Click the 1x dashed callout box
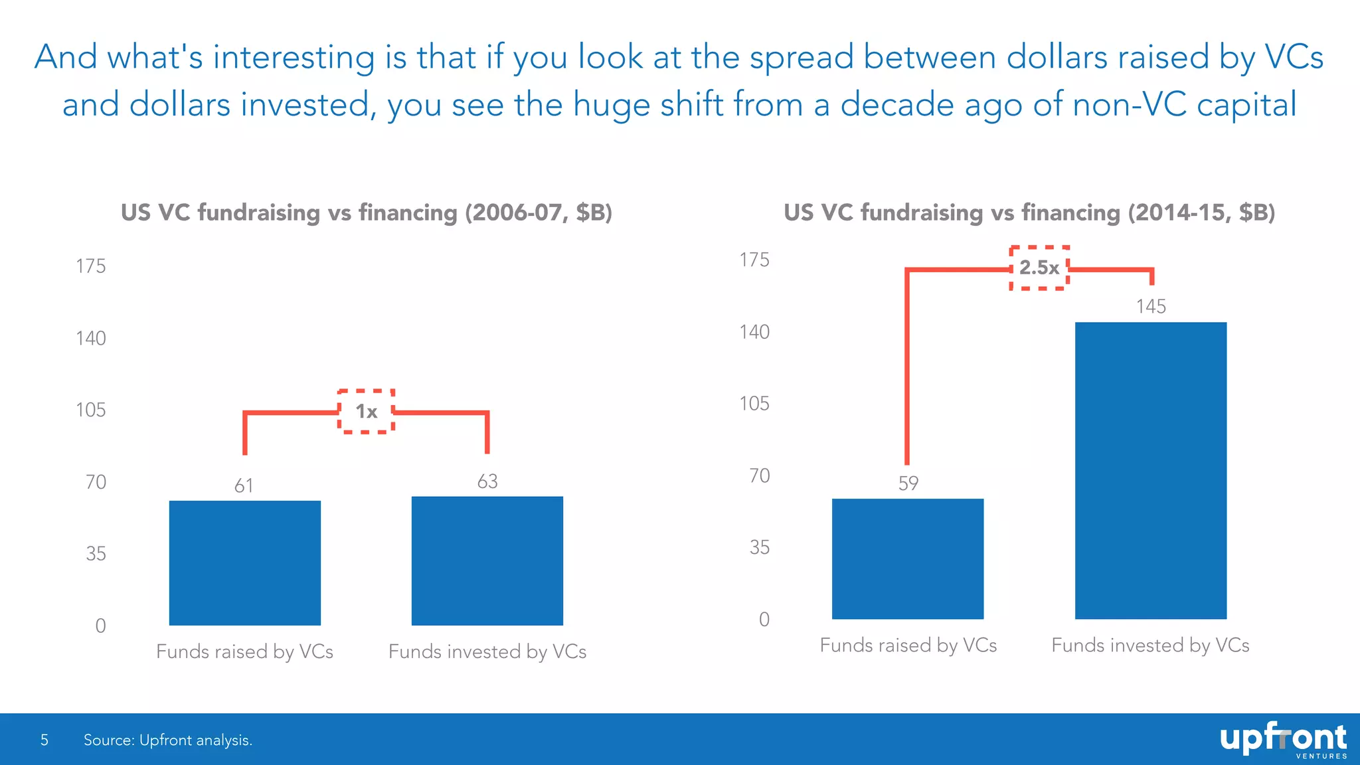pyautogui.click(x=366, y=412)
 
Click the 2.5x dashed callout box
pyautogui.click(x=1039, y=268)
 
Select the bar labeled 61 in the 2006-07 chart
pyautogui.click(x=244, y=563)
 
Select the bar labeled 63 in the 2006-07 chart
pyautogui.click(x=487, y=561)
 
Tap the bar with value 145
pyautogui.click(x=1150, y=470)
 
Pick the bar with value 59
pyautogui.click(x=907, y=558)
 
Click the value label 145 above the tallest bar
pyautogui.click(x=1150, y=307)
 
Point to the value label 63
pyautogui.click(x=487, y=481)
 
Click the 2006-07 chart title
pyautogui.click(x=366, y=212)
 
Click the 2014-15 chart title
pyautogui.click(x=1029, y=212)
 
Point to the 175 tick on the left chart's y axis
pyautogui.click(x=91, y=266)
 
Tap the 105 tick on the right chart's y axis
pyautogui.click(x=754, y=404)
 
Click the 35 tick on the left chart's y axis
pyautogui.click(x=96, y=554)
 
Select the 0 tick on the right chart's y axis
pyautogui.click(x=764, y=620)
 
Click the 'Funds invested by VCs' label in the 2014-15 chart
pyautogui.click(x=1150, y=645)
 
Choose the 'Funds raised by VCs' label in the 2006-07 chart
pyautogui.click(x=244, y=651)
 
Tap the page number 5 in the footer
pyautogui.click(x=44, y=740)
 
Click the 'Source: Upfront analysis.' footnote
pyautogui.click(x=168, y=740)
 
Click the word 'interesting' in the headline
pyautogui.click(x=294, y=57)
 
